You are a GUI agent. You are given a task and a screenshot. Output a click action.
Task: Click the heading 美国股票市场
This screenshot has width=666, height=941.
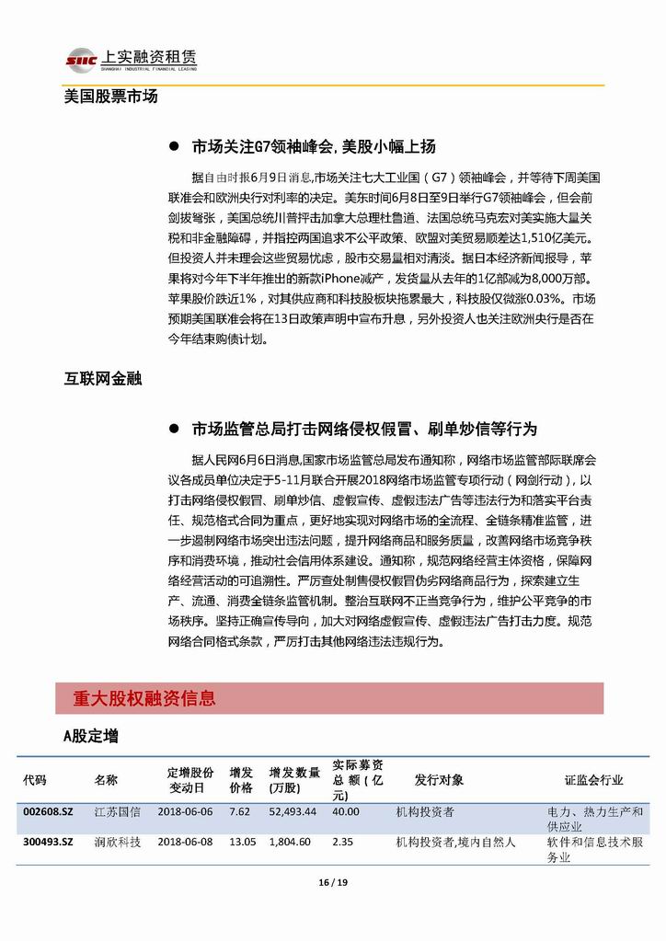110,97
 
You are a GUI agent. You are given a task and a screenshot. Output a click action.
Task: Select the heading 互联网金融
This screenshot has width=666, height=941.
102,379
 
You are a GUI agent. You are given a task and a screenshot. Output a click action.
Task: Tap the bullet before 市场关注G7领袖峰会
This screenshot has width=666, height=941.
173,147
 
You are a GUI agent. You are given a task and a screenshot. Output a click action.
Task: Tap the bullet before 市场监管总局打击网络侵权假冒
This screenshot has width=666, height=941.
173,430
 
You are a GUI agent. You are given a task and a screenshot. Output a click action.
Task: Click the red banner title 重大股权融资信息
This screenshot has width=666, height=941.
144,699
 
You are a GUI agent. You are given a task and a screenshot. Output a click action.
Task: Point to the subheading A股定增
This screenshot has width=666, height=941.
90,736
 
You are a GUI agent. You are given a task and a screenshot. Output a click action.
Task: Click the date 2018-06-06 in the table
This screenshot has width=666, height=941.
185,812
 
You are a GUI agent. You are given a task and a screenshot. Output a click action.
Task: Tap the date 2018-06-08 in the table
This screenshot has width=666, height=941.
185,842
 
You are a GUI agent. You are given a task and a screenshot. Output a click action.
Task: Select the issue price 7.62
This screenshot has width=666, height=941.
239,812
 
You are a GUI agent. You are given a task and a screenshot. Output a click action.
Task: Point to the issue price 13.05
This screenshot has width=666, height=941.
241,842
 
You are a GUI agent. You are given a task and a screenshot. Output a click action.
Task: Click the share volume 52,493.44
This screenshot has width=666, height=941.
293,812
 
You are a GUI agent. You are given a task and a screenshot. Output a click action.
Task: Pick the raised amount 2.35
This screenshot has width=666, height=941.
342,842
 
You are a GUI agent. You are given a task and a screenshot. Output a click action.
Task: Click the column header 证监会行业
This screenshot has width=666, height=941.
593,780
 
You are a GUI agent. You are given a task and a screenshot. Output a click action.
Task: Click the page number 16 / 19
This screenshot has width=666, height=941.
332,884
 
